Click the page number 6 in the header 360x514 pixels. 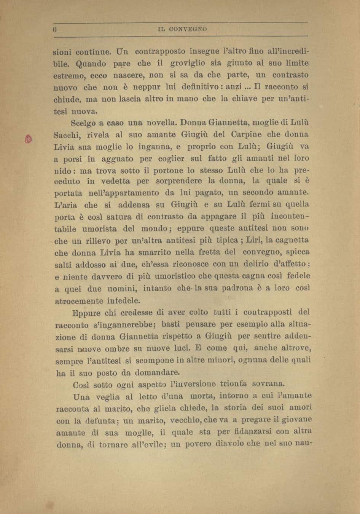55,29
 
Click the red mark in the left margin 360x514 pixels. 27,139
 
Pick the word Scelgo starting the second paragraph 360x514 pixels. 84,123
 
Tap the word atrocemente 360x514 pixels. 79,301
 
